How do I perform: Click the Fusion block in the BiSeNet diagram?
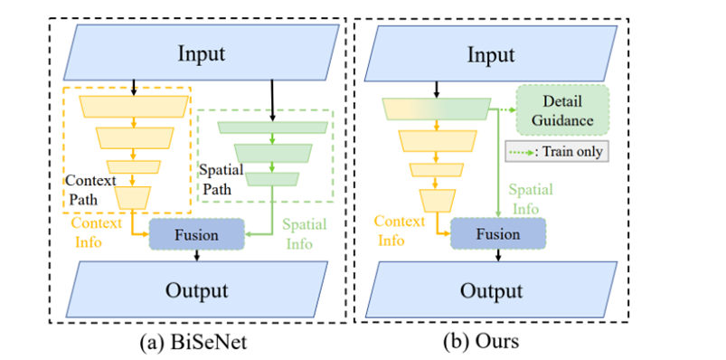coord(196,234)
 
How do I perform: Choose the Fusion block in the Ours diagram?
coord(498,234)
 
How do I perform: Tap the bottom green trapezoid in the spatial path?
coord(272,179)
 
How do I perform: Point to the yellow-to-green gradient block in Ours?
coord(437,109)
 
